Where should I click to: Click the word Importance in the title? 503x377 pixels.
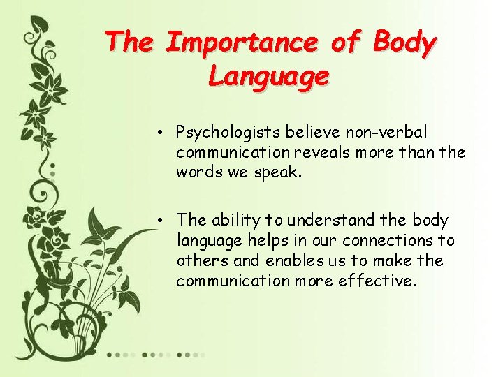tap(242, 43)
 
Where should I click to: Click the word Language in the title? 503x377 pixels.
tap(268, 75)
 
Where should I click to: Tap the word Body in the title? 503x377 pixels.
tap(404, 43)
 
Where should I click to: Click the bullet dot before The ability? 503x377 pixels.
tap(161, 221)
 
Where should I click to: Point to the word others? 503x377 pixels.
tap(199, 260)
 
